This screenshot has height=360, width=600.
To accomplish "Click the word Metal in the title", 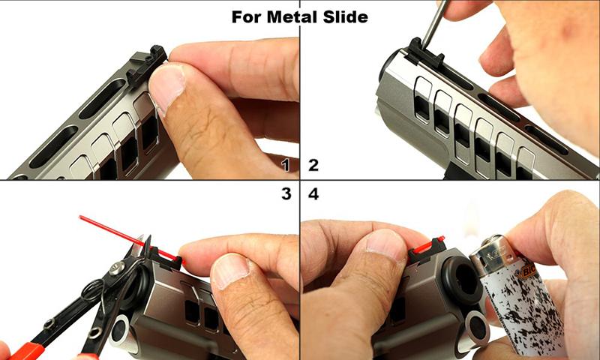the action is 292,16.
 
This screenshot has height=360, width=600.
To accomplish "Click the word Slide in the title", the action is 346,16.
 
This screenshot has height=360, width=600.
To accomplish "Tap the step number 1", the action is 285,165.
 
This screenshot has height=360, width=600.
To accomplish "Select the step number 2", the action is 313,165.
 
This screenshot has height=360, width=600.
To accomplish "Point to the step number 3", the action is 286,194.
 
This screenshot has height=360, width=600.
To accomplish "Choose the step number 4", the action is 313,194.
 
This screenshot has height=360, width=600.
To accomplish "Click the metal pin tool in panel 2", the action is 434,24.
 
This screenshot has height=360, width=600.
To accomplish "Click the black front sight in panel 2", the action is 425,53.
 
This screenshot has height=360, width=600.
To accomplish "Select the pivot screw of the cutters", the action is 116,268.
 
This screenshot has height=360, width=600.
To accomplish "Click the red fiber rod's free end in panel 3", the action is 80,217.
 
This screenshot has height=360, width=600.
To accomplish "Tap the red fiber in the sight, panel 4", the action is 427,246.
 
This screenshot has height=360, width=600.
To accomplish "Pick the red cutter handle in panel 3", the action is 27,351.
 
